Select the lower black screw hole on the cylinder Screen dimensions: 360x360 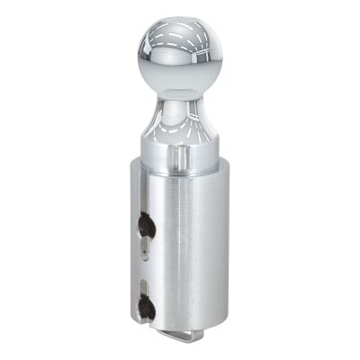click(x=148, y=309)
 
